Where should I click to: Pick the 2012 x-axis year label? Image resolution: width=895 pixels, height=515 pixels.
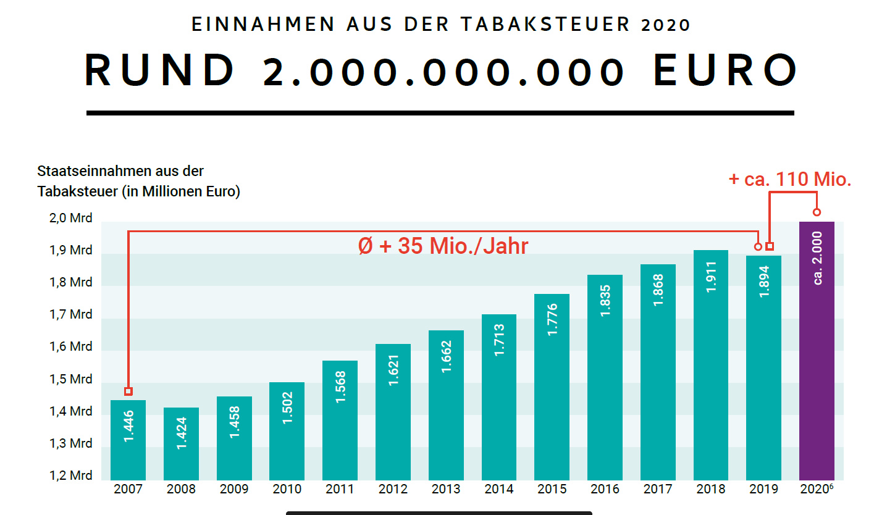tap(393, 489)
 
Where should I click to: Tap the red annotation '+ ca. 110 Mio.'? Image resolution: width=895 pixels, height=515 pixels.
tap(790, 180)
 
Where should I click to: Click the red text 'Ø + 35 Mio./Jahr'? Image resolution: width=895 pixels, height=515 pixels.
tap(443, 246)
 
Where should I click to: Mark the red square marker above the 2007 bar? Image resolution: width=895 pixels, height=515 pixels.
tap(128, 391)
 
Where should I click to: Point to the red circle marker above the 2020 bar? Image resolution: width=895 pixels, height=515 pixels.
tap(817, 212)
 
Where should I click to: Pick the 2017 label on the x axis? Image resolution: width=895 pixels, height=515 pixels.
tap(658, 489)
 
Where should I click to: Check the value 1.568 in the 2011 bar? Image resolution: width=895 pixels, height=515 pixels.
tap(340, 387)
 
